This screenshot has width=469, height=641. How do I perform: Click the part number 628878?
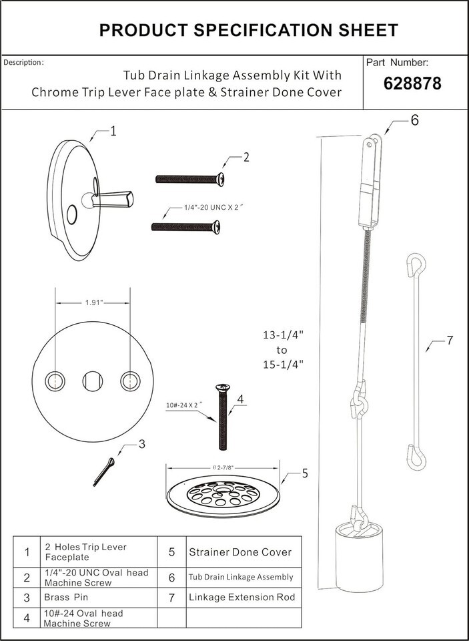pyautogui.click(x=412, y=84)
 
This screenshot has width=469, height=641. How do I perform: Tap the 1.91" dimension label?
pyautogui.click(x=93, y=302)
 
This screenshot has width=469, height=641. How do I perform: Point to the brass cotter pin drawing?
pyautogui.click(x=104, y=472)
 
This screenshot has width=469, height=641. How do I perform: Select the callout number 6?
pyautogui.click(x=414, y=121)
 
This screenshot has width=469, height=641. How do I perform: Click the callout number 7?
pyautogui.click(x=450, y=340)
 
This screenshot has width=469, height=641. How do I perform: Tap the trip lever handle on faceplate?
pyautogui.click(x=112, y=199)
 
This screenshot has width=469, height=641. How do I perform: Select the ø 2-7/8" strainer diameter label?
pyautogui.click(x=223, y=467)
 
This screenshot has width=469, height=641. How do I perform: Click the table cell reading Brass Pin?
pyautogui.click(x=66, y=597)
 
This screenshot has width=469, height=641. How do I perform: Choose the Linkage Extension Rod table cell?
pyautogui.click(x=242, y=597)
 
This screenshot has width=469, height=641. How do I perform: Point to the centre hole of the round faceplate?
pyautogui.click(x=93, y=381)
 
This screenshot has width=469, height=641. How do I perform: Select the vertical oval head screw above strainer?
pyautogui.click(x=223, y=417)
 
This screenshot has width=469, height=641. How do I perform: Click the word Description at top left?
pyautogui.click(x=23, y=63)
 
